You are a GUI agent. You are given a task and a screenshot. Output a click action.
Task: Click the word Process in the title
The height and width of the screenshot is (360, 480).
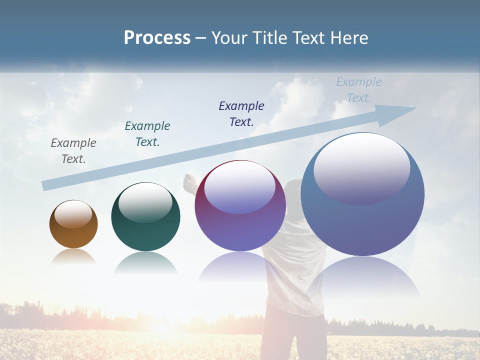(157, 38)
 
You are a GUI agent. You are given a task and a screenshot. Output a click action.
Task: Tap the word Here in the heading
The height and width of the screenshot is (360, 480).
(349, 38)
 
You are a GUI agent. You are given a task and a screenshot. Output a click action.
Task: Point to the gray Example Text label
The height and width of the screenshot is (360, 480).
(73, 151)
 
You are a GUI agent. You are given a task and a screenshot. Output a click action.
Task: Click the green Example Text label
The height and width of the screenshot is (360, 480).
(147, 134)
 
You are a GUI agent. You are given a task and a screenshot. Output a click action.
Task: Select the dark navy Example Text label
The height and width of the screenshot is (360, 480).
(241, 113)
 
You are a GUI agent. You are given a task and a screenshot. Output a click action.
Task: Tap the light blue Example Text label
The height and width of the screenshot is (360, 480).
(359, 90)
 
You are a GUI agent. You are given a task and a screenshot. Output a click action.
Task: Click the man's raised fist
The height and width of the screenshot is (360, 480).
(189, 183)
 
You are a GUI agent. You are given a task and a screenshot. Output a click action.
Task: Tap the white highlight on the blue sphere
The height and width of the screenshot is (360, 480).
(361, 167)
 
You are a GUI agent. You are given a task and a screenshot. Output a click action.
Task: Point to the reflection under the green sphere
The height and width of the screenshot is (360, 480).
(145, 263)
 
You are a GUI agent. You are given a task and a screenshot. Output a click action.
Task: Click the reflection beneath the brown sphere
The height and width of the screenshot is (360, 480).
(73, 256)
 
